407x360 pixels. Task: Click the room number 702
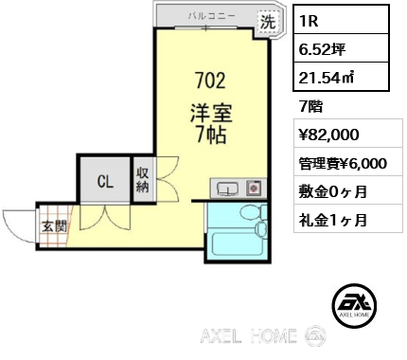tap(210, 81)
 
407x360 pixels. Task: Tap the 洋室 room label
tap(211, 114)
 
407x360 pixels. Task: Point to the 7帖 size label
tap(211, 135)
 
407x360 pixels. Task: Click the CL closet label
tap(105, 181)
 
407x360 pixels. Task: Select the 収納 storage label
tap(143, 180)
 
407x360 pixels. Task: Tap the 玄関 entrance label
tap(55, 226)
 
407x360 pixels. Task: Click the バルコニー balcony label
tap(212, 16)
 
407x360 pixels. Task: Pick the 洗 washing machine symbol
tap(268, 22)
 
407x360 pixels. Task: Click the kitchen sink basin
tap(227, 189)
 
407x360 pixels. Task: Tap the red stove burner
tap(254, 189)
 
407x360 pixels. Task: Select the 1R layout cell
tap(341, 20)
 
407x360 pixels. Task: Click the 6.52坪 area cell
tap(341, 48)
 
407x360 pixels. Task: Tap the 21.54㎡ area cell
tap(341, 77)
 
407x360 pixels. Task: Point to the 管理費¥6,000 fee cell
tap(348, 163)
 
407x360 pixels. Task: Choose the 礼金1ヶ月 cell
tap(348, 219)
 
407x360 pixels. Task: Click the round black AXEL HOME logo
tap(354, 305)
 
